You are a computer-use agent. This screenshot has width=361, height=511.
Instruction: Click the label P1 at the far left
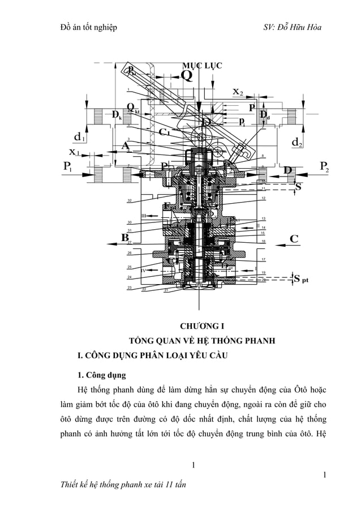(x=71, y=168)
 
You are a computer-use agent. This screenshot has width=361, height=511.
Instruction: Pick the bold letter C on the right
(x=294, y=239)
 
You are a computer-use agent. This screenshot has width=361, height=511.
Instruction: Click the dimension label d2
(x=295, y=143)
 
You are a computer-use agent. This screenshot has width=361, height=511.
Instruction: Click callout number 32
(x=130, y=201)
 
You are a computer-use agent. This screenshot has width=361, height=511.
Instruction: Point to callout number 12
(x=264, y=198)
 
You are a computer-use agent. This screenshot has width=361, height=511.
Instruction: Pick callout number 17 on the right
(x=264, y=259)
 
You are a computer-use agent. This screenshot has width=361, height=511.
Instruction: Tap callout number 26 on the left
(x=130, y=253)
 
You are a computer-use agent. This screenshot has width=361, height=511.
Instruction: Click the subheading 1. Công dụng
(x=102, y=375)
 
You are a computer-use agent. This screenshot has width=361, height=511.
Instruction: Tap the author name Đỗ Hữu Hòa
(x=300, y=27)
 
